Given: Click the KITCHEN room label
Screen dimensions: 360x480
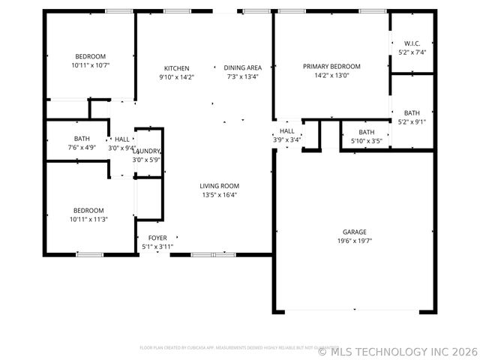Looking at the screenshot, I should (x=177, y=67).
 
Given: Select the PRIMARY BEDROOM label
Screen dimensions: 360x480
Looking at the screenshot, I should (x=331, y=66).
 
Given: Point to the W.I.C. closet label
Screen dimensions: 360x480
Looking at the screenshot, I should (x=412, y=43).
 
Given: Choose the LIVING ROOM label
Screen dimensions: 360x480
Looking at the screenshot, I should (x=219, y=186).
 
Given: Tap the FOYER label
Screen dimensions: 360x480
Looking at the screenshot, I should (x=157, y=238).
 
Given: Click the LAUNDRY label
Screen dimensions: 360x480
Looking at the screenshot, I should (x=147, y=151).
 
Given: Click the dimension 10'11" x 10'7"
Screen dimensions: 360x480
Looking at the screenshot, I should (x=90, y=65).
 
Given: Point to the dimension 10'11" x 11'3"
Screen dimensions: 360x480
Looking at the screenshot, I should (x=90, y=220).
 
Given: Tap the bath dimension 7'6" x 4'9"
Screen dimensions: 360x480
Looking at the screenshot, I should (x=82, y=148).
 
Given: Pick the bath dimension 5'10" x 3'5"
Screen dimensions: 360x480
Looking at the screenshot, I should (x=366, y=141).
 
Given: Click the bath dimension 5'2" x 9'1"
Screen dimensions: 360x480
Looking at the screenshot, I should (x=412, y=122).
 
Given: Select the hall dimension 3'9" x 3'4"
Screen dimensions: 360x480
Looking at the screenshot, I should (x=286, y=139).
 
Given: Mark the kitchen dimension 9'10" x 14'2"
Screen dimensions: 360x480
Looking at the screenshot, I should (x=177, y=76).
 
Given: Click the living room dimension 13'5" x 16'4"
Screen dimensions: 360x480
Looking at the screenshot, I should (x=219, y=195).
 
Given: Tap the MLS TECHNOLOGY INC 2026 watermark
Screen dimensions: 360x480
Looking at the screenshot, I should (x=397, y=350).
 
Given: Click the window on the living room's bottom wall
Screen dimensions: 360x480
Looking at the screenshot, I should (x=203, y=255).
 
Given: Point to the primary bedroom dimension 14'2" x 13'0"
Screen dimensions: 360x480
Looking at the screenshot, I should (x=331, y=75).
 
